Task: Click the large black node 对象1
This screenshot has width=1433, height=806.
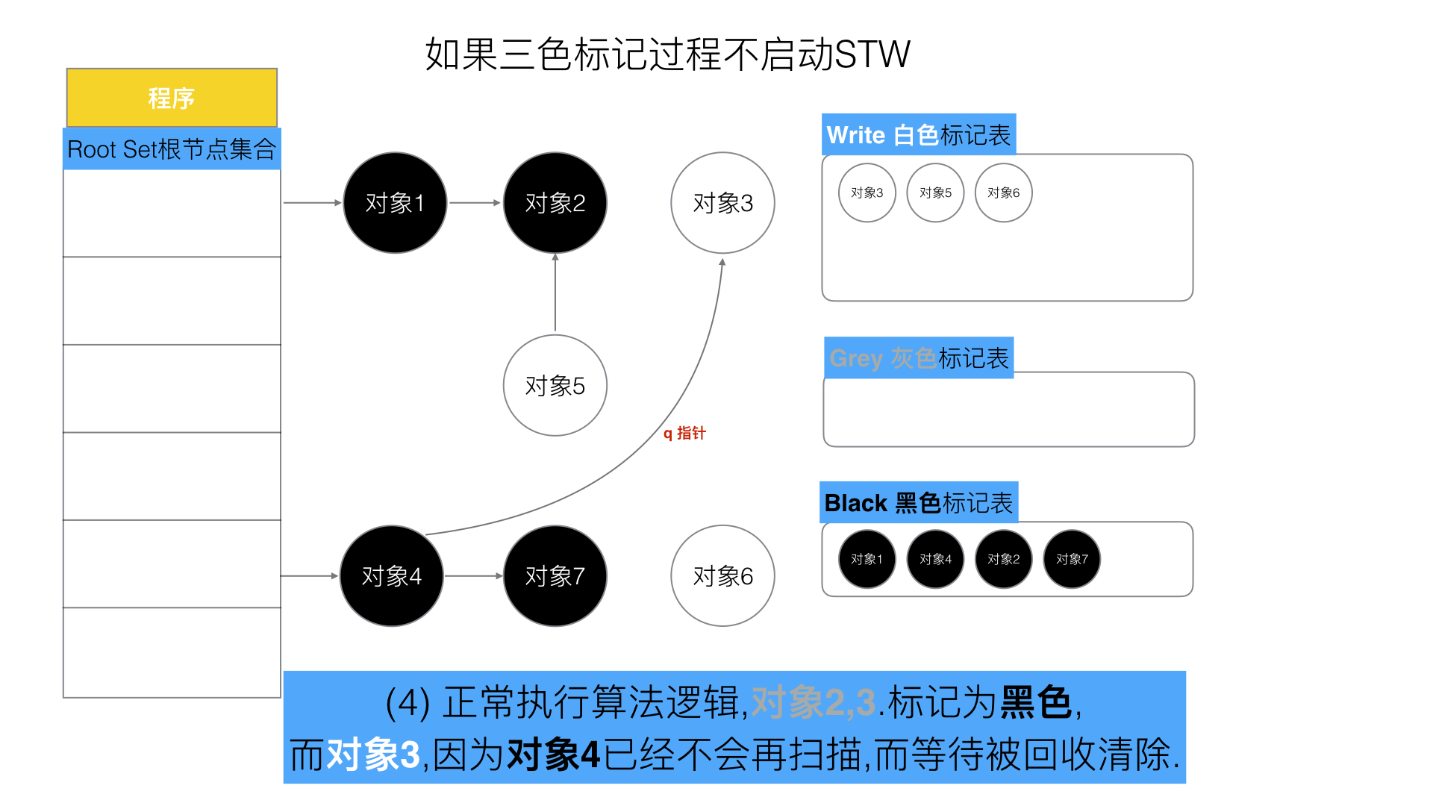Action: [395, 203]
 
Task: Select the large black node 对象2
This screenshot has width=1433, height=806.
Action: [555, 203]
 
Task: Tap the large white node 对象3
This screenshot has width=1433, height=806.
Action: [722, 203]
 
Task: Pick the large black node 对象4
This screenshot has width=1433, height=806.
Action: [392, 576]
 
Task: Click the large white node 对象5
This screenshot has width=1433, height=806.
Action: [555, 386]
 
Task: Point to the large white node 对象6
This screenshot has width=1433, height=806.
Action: [722, 576]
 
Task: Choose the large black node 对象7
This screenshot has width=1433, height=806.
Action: [555, 576]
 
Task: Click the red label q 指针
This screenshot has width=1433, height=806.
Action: [684, 433]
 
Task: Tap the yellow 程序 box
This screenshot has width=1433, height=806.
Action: [172, 98]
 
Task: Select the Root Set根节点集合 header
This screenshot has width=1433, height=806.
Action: [172, 149]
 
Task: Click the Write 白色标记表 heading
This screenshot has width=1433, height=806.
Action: [918, 135]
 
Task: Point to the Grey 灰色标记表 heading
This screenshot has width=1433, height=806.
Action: [919, 358]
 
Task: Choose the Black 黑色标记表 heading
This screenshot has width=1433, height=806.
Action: [918, 503]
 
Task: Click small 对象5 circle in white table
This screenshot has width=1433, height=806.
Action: [935, 193]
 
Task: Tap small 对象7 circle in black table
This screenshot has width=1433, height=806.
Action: [1072, 559]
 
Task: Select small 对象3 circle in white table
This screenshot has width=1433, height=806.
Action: [867, 193]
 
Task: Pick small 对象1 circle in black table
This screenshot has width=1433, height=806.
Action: [867, 559]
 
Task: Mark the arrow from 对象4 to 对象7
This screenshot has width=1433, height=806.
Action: [473, 576]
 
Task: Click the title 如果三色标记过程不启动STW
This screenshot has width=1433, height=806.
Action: [667, 54]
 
